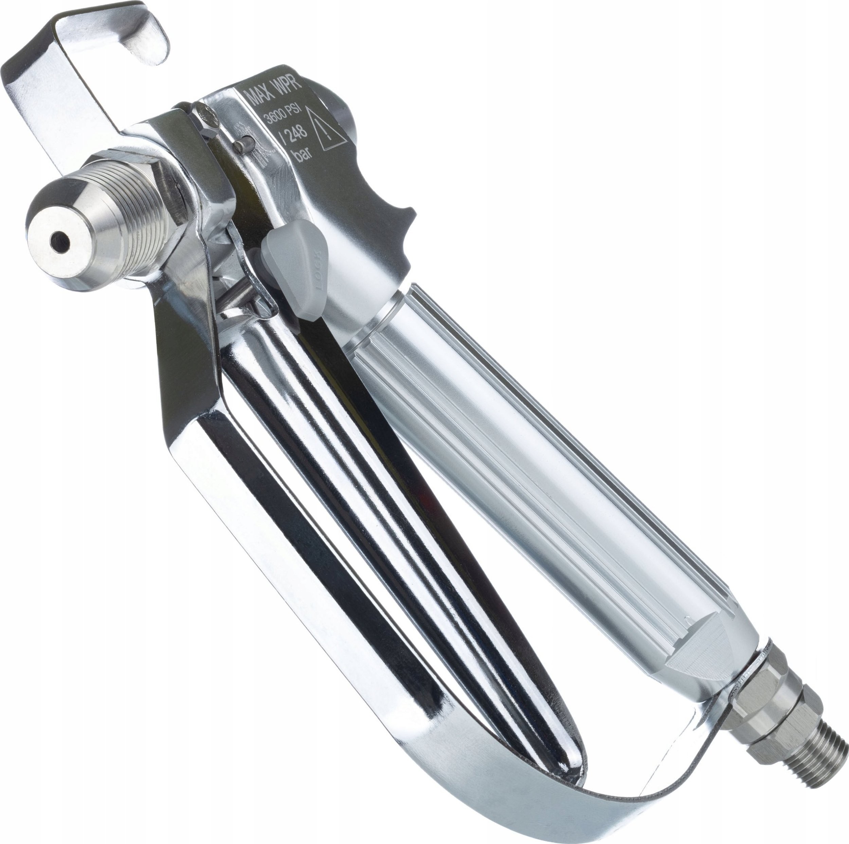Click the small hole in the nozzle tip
click(x=59, y=241)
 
